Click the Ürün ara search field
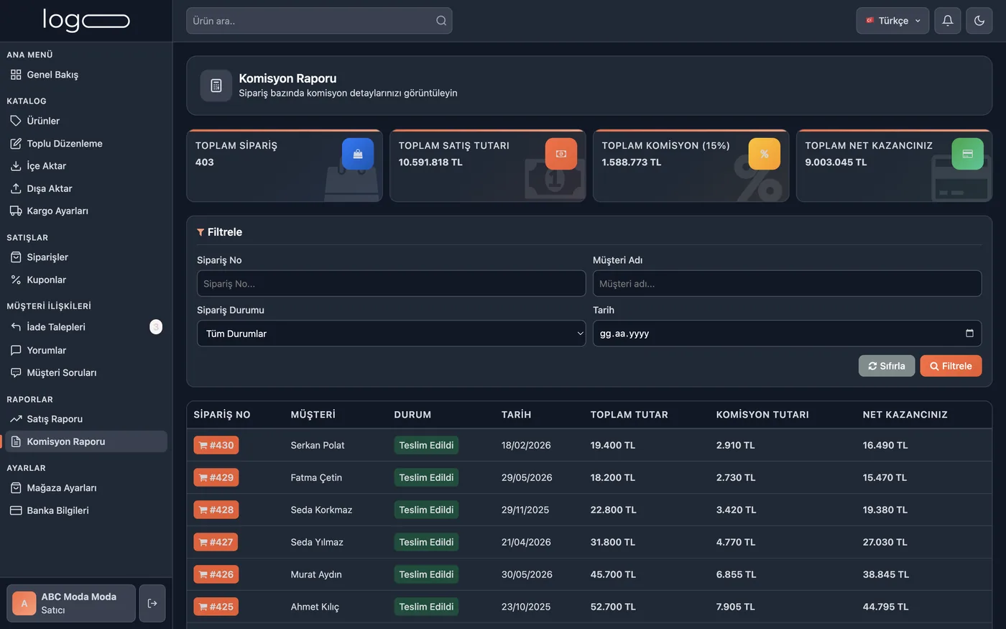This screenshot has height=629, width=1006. pyautogui.click(x=319, y=21)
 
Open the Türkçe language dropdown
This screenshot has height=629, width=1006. pyautogui.click(x=892, y=21)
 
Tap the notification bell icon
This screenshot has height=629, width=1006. pyautogui.click(x=948, y=21)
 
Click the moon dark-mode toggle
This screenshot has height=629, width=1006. pyautogui.click(x=979, y=21)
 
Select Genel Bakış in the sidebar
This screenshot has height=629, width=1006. pyautogui.click(x=52, y=75)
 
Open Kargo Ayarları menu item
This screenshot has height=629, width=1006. pyautogui.click(x=57, y=211)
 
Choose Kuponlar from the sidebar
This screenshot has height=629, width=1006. pyautogui.click(x=46, y=280)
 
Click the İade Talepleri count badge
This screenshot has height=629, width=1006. pyautogui.click(x=156, y=326)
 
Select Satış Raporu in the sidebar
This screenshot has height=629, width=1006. pyautogui.click(x=55, y=418)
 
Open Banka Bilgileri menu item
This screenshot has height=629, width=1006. pyautogui.click(x=58, y=510)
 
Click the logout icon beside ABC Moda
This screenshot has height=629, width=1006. pyautogui.click(x=152, y=603)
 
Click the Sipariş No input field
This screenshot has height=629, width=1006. pyautogui.click(x=391, y=283)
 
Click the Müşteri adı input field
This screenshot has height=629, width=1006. pyautogui.click(x=787, y=283)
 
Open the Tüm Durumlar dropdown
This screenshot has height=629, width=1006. pyautogui.click(x=391, y=334)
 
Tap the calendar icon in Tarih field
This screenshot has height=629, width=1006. pyautogui.click(x=969, y=333)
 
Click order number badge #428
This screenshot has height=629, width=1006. pyautogui.click(x=216, y=510)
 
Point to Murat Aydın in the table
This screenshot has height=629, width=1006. pyautogui.click(x=316, y=574)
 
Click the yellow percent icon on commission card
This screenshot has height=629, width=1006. pyautogui.click(x=765, y=154)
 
